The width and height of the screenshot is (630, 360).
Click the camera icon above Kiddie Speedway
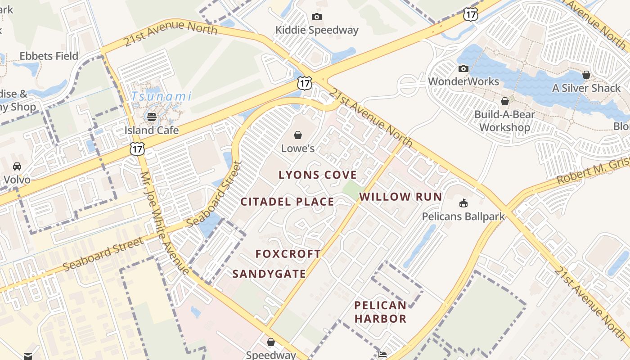317,17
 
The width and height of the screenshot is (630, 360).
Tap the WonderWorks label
463,81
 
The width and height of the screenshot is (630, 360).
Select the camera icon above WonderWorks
463,69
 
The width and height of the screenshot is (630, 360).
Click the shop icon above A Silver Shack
586,75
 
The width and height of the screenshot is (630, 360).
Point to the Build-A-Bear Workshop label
504,121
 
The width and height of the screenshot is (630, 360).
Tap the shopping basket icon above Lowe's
297,135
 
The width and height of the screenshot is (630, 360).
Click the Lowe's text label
297,148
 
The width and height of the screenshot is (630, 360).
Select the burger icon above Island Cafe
152,117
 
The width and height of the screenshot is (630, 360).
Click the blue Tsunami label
162,96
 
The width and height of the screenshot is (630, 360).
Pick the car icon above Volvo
17,166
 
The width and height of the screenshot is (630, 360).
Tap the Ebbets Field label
49,56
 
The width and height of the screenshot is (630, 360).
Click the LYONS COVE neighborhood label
317,175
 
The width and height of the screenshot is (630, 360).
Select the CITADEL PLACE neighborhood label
287,202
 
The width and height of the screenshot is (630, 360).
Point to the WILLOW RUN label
400,197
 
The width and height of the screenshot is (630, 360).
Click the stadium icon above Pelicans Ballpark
463,203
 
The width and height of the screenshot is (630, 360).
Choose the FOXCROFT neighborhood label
288,254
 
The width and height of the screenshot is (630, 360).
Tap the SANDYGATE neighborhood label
269,274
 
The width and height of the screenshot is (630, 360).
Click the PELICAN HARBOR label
380,312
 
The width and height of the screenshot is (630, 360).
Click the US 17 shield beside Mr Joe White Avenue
137,149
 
